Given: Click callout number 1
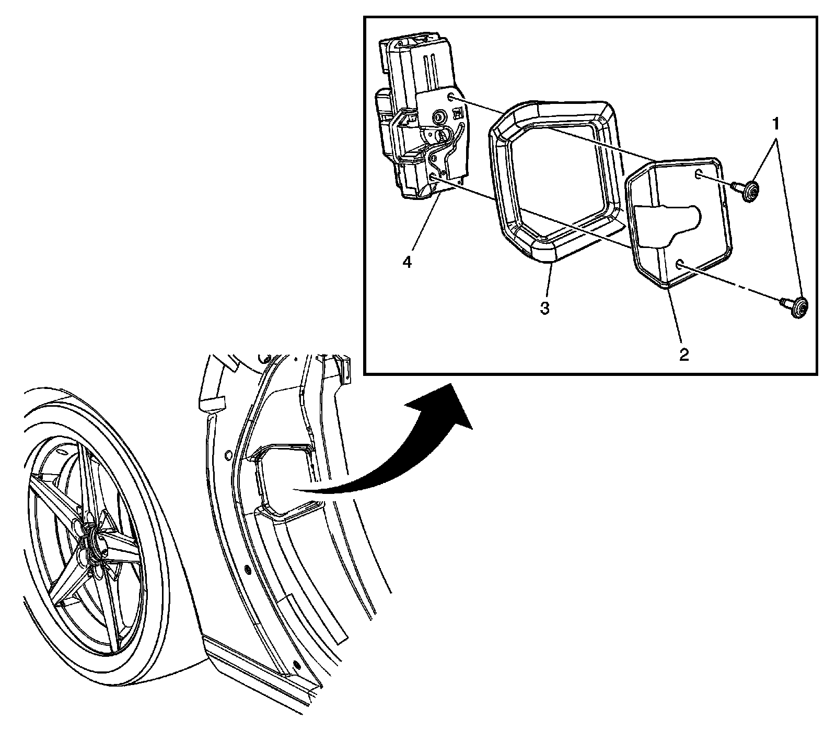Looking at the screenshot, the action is coord(776,123).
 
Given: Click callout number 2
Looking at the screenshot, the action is coord(684,356).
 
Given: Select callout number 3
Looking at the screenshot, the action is coord(544,309).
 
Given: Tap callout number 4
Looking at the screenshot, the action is coord(407,262).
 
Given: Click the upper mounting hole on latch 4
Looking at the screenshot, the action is coord(450,98).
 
